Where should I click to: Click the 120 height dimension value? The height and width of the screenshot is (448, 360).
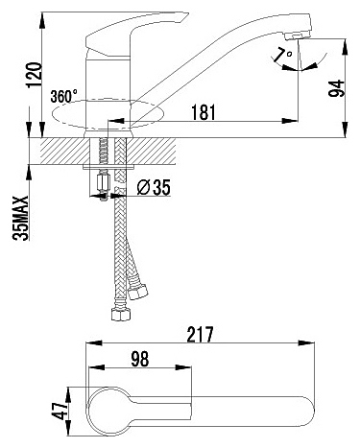coord(34,75)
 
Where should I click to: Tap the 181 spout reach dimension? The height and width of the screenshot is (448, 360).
coord(204,112)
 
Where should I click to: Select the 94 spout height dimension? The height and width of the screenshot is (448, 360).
coord(337,88)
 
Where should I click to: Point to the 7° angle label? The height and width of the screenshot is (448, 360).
coord(284,55)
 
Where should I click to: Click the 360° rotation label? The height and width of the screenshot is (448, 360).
coord(64,96)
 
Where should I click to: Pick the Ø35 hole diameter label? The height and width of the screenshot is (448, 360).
coord(154,188)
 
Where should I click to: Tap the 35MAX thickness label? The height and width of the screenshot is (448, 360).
coord(22,218)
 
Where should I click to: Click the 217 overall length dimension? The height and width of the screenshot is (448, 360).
coord(200,334)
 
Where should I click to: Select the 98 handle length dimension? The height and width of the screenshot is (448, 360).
coord(140,359)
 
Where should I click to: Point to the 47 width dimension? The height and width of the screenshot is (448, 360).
coord(60,411)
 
